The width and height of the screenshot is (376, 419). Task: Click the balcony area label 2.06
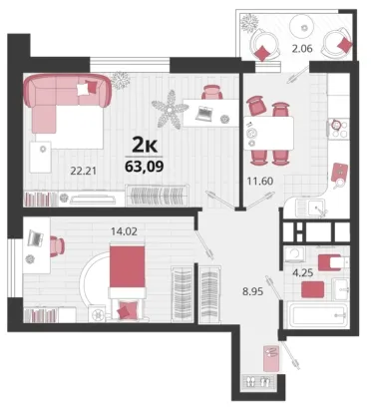(x=302, y=49)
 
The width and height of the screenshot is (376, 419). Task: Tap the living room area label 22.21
(x=83, y=172)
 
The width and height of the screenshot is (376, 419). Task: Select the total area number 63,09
(x=144, y=166)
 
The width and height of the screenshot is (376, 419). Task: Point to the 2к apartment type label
(x=145, y=145)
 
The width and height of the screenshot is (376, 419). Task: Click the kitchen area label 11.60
(x=260, y=182)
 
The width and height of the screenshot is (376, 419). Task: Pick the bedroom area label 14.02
(x=124, y=231)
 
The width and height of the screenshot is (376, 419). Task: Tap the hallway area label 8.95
(x=252, y=292)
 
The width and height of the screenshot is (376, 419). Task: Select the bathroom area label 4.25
(x=302, y=273)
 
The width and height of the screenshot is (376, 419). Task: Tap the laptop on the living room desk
(x=204, y=114)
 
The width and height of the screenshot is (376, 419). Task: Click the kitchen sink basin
(x=317, y=209)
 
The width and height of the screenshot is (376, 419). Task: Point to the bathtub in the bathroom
(x=318, y=314)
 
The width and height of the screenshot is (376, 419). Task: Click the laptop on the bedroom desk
(x=36, y=237)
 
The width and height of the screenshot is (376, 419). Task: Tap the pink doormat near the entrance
(x=272, y=358)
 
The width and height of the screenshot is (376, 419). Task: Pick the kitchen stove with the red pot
(x=339, y=129)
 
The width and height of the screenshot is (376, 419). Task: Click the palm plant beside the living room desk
(x=170, y=109)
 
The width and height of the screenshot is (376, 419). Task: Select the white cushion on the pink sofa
(x=82, y=89)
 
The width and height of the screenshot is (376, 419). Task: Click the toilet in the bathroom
(x=333, y=262)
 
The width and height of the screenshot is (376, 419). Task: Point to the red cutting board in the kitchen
(x=340, y=172)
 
